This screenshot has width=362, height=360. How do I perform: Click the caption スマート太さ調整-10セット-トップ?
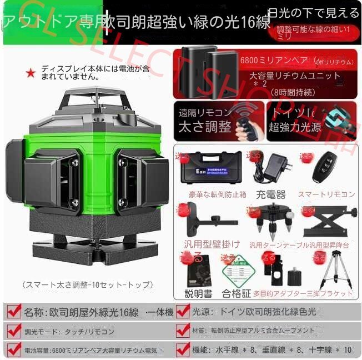pos(87,284)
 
